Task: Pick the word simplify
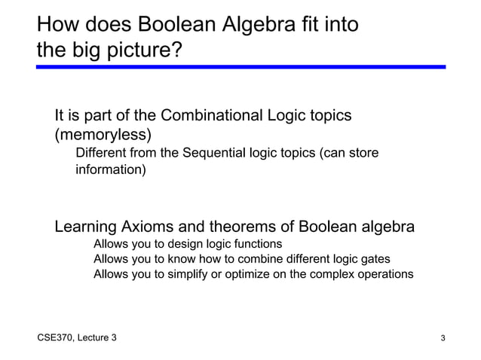click(x=181, y=274)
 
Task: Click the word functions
click(x=257, y=244)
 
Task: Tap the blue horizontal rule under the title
click(x=241, y=67)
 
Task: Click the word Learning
click(x=85, y=227)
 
